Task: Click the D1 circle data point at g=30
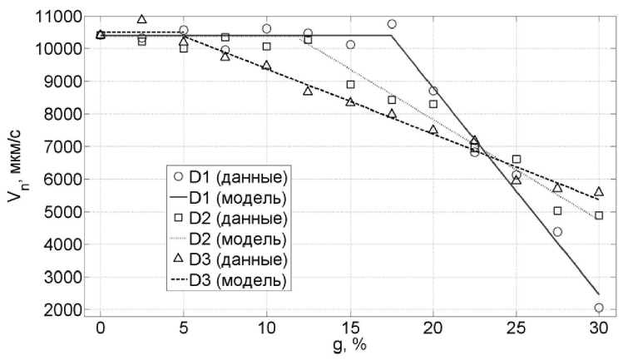point(599,308)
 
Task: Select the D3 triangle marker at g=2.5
point(141,19)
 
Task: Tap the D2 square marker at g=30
point(599,215)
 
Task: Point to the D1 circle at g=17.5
point(392,24)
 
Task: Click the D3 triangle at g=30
point(599,192)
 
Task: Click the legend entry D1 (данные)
point(229,177)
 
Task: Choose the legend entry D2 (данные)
point(229,219)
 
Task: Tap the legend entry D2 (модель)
point(229,239)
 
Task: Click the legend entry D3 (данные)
point(229,260)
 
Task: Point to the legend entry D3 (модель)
point(229,281)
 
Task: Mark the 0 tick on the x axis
point(101,328)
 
